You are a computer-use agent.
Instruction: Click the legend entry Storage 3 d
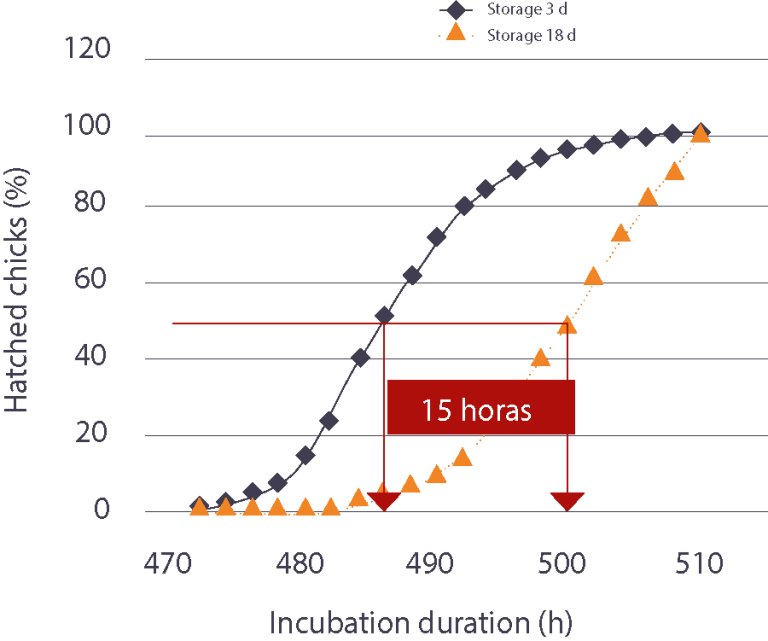(x=520, y=10)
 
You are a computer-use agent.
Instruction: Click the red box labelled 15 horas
(x=481, y=408)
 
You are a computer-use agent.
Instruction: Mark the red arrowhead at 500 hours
(x=568, y=501)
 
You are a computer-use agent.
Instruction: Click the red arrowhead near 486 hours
(x=384, y=501)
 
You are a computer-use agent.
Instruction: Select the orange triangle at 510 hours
(x=700, y=133)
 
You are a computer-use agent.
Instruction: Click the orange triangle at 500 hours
(x=567, y=323)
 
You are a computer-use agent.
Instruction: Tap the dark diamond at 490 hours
(x=437, y=238)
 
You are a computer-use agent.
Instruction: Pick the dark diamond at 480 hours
(x=305, y=455)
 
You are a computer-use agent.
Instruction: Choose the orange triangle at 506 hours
(x=648, y=196)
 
